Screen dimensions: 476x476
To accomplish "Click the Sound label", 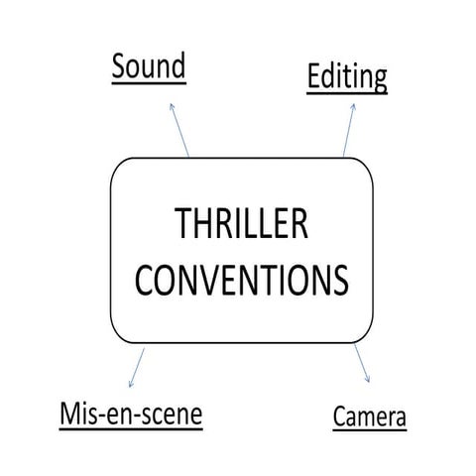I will tap(149, 69).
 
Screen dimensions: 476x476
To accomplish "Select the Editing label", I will tap(346, 77).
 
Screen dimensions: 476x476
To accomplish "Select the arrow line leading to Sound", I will tap(179, 129).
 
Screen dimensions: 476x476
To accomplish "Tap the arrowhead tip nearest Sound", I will tap(171, 101).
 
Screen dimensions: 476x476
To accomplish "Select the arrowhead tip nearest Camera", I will tap(369, 384).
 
